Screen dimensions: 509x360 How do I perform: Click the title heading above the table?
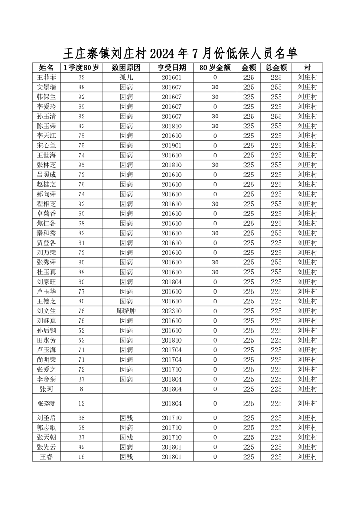(x=180, y=54)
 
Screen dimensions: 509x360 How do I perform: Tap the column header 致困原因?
(x=126, y=68)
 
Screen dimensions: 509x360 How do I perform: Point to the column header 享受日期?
(x=172, y=68)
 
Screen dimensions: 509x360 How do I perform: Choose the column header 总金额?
(x=276, y=68)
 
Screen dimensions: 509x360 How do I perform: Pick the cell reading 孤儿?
(x=126, y=78)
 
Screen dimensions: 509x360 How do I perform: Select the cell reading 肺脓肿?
(x=126, y=311)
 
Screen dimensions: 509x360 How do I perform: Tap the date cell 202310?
(x=172, y=311)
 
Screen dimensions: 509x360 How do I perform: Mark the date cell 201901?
(x=172, y=146)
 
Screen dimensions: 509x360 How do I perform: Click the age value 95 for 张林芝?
(x=81, y=165)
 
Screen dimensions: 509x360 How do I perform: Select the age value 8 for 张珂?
(x=81, y=389)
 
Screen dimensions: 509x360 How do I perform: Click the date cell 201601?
(x=172, y=78)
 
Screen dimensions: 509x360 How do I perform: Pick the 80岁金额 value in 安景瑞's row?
(x=215, y=87)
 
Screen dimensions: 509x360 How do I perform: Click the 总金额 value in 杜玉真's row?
(x=276, y=272)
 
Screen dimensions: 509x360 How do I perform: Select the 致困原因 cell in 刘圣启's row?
(x=126, y=418)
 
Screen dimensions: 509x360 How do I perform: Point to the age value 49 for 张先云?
(x=81, y=447)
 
